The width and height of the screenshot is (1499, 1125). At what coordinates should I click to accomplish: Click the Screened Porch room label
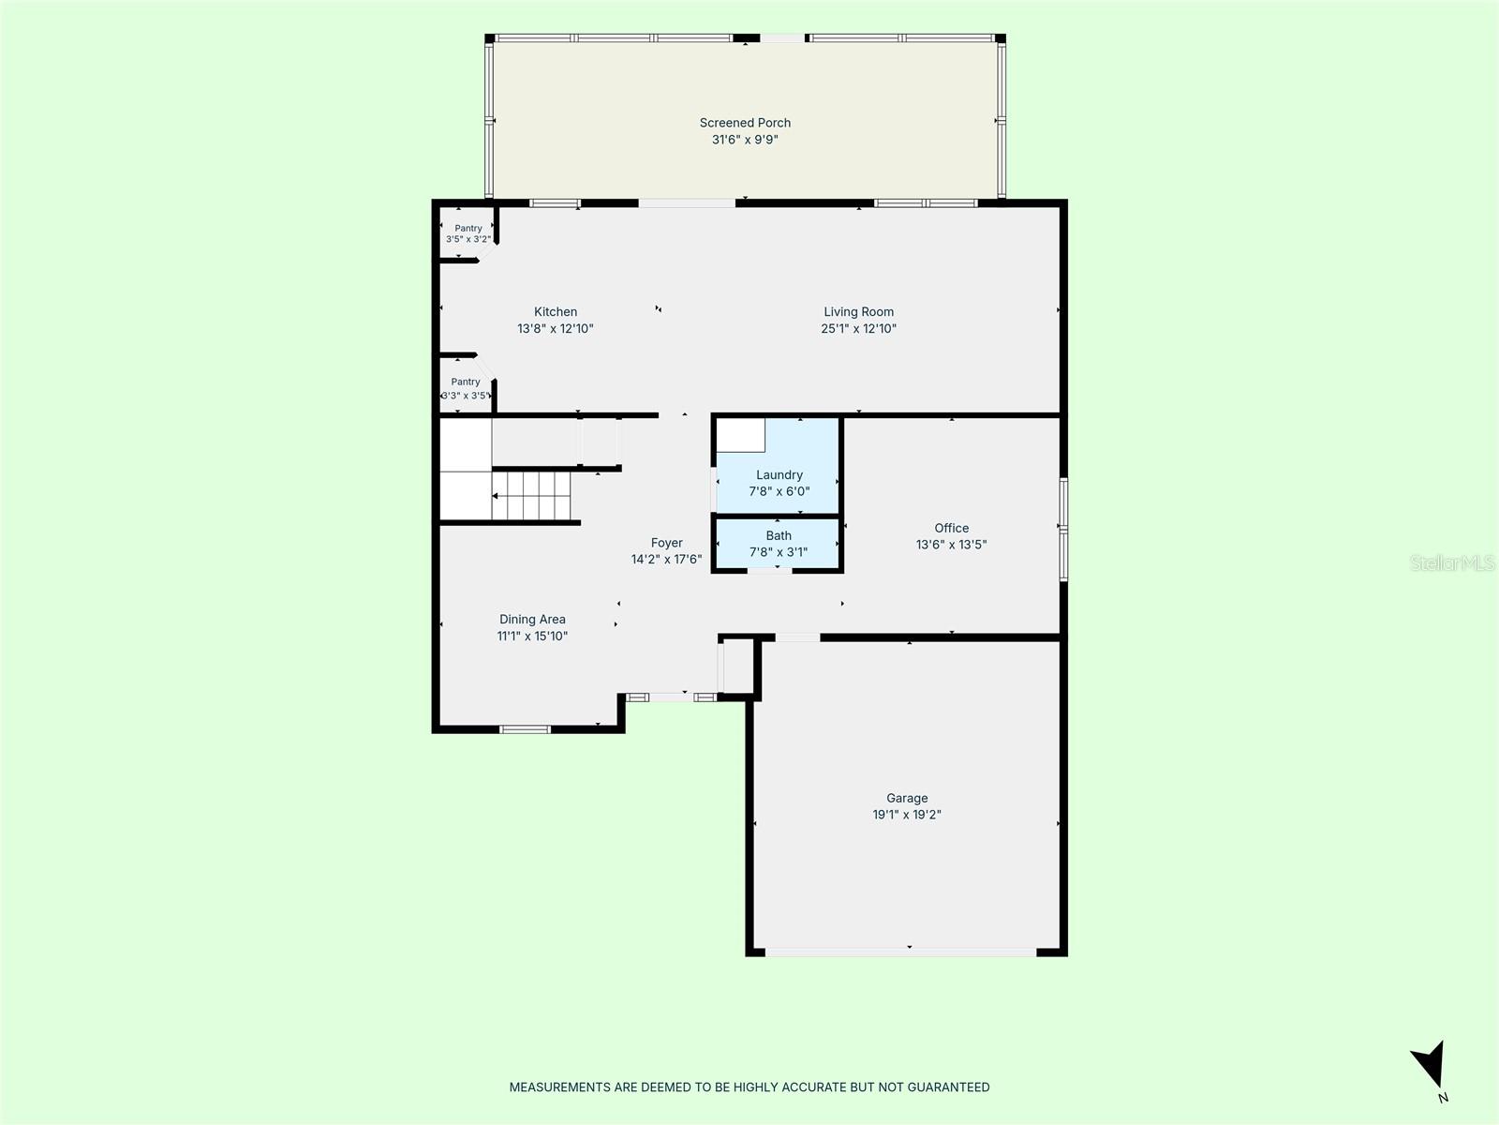pyautogui.click(x=745, y=123)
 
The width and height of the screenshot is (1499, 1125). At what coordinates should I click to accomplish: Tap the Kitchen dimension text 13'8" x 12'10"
pyautogui.click(x=556, y=328)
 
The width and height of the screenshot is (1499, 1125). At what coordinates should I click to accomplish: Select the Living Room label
pyautogui.click(x=858, y=311)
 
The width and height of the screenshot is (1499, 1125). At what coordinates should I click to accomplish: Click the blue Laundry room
pyautogui.click(x=778, y=466)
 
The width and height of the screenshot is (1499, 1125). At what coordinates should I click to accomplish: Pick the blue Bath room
pyautogui.click(x=778, y=543)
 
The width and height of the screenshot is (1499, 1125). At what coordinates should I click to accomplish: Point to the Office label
pyautogui.click(x=951, y=528)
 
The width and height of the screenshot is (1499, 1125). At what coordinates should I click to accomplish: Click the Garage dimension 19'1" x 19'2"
pyautogui.click(x=907, y=814)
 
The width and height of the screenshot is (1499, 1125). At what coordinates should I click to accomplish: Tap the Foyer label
pyautogui.click(x=666, y=543)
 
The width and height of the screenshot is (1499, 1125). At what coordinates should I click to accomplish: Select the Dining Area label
pyautogui.click(x=532, y=619)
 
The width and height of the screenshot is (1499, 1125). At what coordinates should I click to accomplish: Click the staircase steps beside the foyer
pyautogui.click(x=531, y=496)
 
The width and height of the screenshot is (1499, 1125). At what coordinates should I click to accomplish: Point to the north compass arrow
pyautogui.click(x=1430, y=1064)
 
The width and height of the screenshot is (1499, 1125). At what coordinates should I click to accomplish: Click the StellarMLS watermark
pyautogui.click(x=1452, y=562)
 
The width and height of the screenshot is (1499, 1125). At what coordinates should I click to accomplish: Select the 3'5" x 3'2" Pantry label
pyautogui.click(x=468, y=233)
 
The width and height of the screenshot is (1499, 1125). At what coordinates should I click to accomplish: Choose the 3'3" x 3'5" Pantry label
pyautogui.click(x=466, y=389)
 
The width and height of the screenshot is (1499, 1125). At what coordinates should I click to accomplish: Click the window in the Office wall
pyautogui.click(x=1063, y=530)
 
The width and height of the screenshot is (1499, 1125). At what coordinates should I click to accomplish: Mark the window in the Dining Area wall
pyautogui.click(x=525, y=729)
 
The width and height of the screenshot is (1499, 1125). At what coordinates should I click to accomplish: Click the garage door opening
pyautogui.click(x=900, y=952)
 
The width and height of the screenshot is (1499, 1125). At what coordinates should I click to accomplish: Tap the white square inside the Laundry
pyautogui.click(x=740, y=435)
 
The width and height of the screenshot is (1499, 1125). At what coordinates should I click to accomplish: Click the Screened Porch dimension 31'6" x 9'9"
pyautogui.click(x=745, y=140)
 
